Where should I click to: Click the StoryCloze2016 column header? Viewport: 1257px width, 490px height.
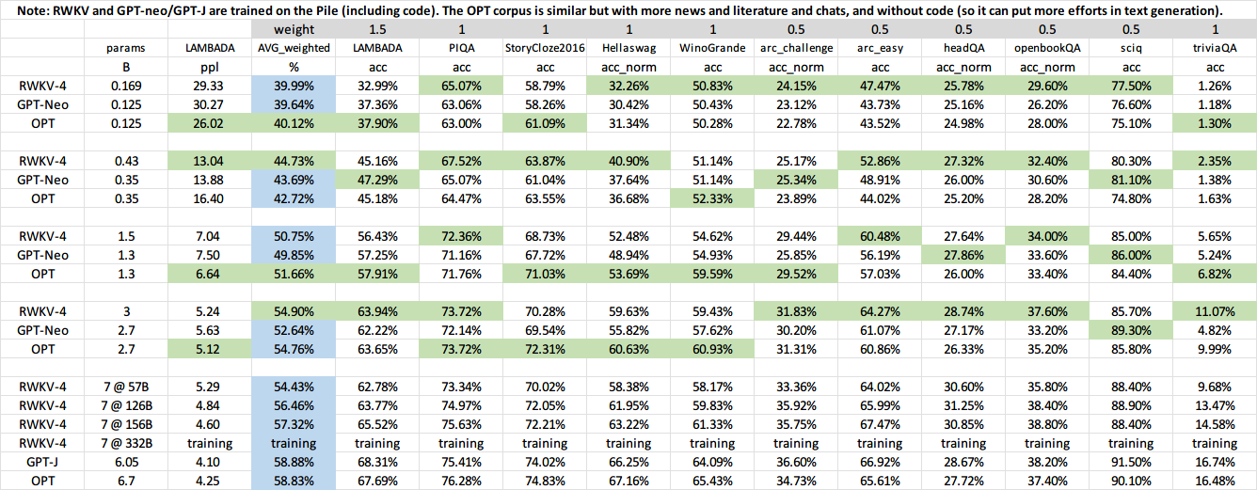click(x=545, y=46)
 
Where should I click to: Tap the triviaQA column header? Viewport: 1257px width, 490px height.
click(x=1215, y=46)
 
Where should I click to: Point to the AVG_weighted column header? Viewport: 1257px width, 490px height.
click(x=293, y=46)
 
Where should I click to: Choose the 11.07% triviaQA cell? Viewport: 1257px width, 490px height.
click(x=1215, y=311)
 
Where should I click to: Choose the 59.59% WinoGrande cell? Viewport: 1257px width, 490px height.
click(x=712, y=273)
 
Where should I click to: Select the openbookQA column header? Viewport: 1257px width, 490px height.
click(x=1047, y=46)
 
